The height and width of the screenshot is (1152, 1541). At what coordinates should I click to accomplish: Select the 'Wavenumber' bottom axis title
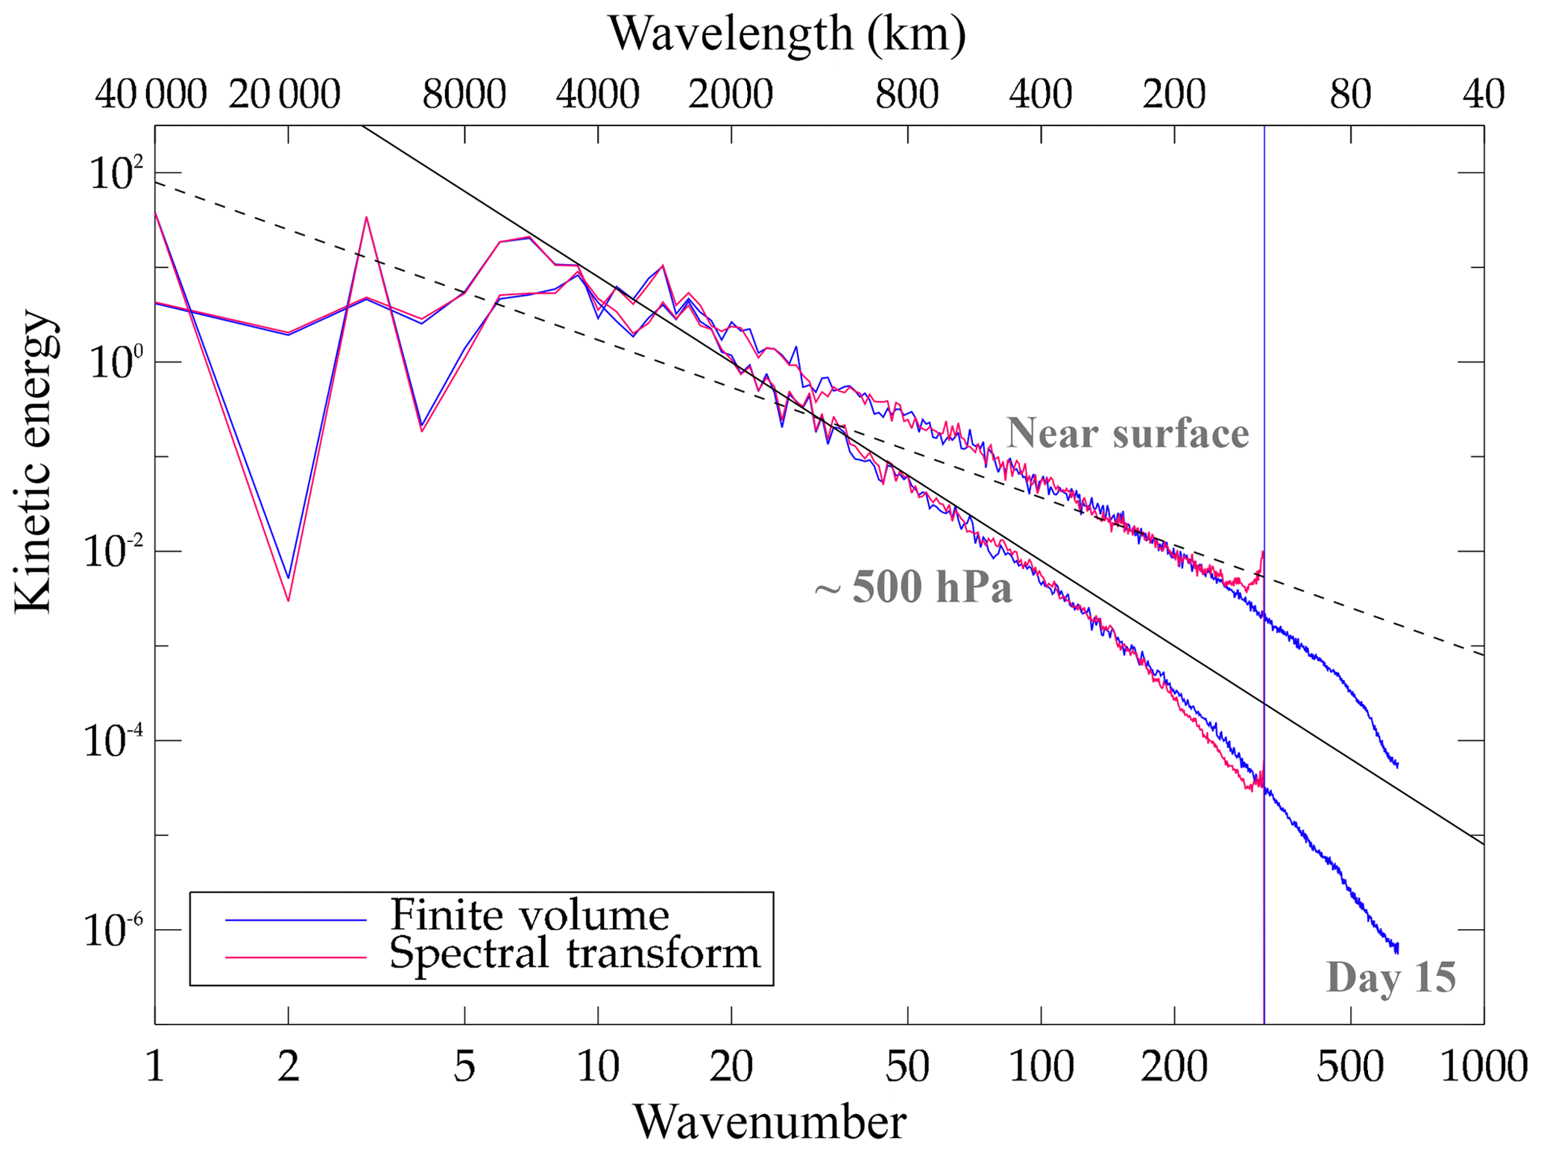coord(769,1122)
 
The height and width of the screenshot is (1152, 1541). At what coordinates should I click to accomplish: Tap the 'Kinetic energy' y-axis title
coord(34,462)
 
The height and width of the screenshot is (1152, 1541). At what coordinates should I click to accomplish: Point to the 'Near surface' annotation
coord(1127,433)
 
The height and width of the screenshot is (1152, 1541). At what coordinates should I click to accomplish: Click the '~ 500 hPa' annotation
coord(913,587)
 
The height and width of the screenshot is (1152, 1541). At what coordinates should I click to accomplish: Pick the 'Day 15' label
coord(1390,977)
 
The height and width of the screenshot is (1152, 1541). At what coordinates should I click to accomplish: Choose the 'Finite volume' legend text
coord(529,914)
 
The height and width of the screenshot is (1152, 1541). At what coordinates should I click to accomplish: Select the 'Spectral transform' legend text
coord(574,953)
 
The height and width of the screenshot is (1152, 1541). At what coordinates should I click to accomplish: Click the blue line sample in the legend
coord(296,920)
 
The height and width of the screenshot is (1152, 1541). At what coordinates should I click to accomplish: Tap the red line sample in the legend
coord(296,957)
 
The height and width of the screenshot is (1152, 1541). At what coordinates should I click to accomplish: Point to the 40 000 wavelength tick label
coord(151,95)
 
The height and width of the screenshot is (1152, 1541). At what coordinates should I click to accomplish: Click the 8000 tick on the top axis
coord(464,95)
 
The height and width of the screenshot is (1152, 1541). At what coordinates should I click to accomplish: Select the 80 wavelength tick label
coord(1350,95)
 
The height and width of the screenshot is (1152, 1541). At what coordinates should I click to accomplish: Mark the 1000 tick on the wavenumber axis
coord(1483,1067)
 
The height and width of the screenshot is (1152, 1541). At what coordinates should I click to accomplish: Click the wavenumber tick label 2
coord(289,1067)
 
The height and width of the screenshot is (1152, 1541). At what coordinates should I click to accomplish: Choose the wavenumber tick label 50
coord(907,1067)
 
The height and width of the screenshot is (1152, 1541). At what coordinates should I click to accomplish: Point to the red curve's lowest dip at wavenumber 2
coord(288,599)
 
